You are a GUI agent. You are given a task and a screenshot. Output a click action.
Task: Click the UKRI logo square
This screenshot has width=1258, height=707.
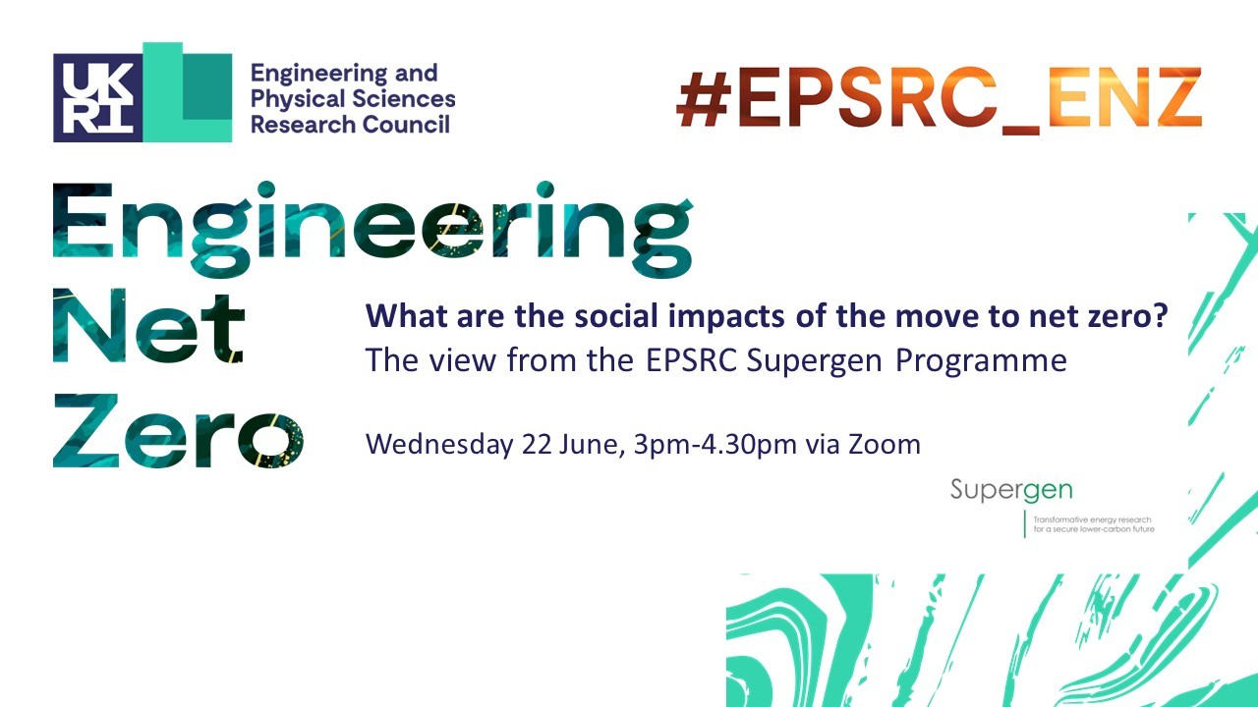pos(97,97)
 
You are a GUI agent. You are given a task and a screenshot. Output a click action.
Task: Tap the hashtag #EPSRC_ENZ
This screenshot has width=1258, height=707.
pos(939,100)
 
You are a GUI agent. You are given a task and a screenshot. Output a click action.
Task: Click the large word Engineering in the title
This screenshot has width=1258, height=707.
pos(372,229)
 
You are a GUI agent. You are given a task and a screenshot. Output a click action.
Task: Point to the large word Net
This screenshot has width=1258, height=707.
pos(148,326)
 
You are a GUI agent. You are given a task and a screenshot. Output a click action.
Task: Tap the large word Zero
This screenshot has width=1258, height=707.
pos(178,430)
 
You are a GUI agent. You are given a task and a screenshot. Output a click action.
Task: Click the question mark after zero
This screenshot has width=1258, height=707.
pos(1160,316)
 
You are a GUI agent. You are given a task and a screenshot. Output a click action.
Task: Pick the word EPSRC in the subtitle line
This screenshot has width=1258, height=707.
pos(691,360)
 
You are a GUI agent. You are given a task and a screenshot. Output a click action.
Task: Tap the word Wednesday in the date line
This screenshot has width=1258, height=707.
pos(439,445)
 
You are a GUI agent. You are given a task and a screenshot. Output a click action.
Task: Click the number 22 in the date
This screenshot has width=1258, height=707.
pos(537,445)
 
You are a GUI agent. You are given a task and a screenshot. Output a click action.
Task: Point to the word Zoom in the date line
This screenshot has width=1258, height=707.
pos(885,445)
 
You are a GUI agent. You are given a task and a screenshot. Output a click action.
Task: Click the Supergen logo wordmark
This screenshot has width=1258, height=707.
pos(1011,490)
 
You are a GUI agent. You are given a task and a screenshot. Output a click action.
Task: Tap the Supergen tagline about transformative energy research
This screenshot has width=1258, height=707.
pos(1094,524)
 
